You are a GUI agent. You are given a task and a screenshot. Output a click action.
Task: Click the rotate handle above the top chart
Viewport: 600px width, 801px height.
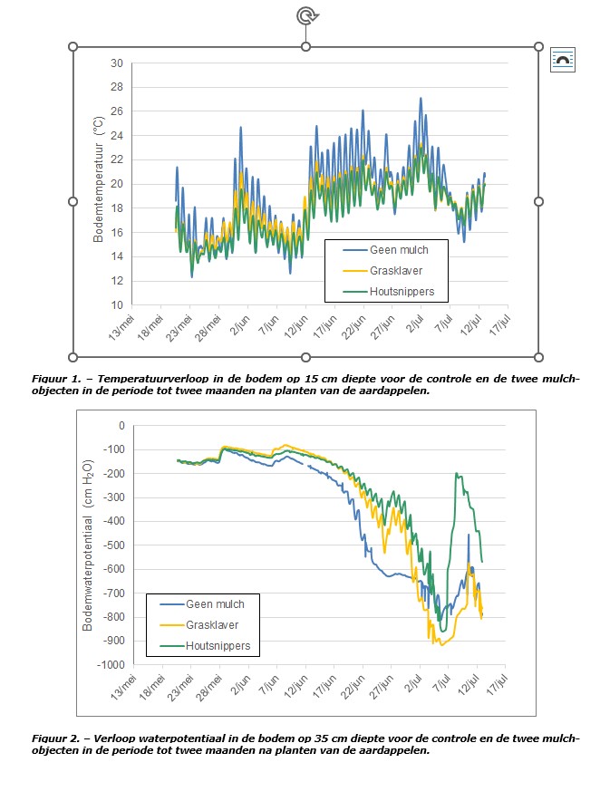(305, 14)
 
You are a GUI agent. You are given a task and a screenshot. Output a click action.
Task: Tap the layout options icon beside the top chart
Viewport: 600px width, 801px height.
(563, 61)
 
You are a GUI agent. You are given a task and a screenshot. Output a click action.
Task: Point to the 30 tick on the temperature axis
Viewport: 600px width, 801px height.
(116, 63)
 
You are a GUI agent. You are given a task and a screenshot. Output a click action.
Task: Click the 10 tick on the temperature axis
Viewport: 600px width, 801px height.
(116, 305)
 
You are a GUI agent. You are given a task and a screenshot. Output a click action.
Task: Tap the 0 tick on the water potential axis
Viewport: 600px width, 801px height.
(121, 426)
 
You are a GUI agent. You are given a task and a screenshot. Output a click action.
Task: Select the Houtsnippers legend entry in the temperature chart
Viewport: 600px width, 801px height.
(402, 291)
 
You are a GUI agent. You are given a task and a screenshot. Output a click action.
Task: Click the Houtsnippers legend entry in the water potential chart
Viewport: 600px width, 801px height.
(218, 646)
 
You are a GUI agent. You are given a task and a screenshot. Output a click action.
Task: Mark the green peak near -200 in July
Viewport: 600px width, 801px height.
(457, 474)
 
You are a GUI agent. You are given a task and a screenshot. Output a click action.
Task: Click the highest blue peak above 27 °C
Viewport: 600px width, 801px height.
(421, 98)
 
